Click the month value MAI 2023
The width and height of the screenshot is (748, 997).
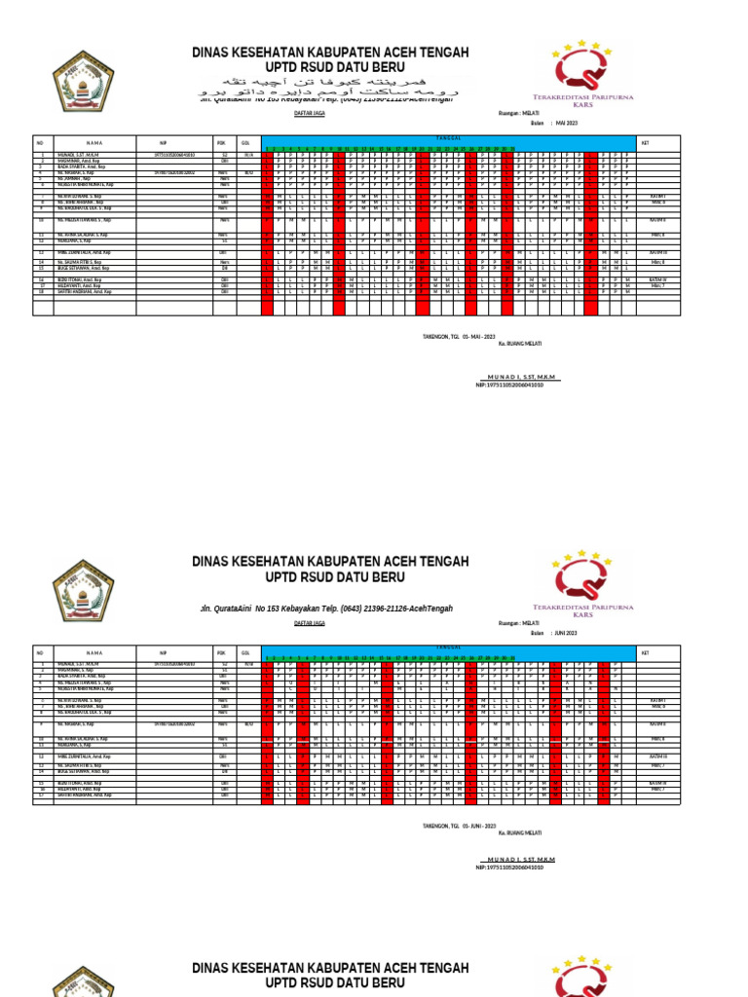coord(567,123)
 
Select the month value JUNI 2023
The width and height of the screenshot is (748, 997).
coord(567,633)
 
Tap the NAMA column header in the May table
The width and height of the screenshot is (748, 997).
coord(93,141)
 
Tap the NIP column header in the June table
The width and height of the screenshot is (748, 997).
coord(164,652)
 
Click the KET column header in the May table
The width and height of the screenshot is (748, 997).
coord(644,141)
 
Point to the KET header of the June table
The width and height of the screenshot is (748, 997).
coord(644,652)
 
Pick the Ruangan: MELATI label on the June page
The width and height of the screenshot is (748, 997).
coord(518,622)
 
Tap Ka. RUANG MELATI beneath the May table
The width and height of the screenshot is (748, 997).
coord(520,345)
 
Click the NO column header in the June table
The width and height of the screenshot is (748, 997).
coord(41,652)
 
